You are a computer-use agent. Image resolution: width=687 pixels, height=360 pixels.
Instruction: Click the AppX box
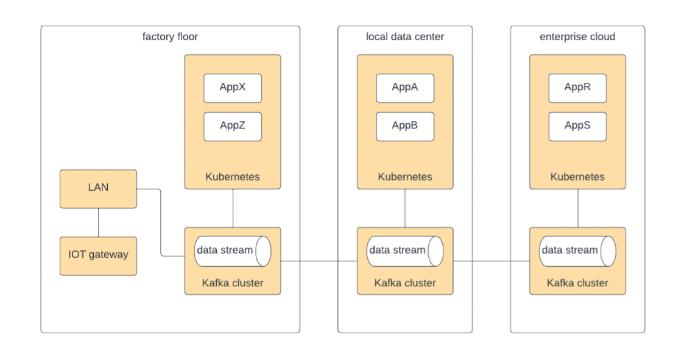pyautogui.click(x=232, y=88)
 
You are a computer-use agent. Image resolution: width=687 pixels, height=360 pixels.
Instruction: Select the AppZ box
pyautogui.click(x=232, y=127)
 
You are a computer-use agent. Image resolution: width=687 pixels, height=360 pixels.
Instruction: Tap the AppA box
pyautogui.click(x=404, y=88)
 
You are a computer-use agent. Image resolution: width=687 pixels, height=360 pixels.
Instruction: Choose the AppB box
pyautogui.click(x=404, y=127)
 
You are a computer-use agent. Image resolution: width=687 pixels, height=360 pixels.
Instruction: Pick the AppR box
pyautogui.click(x=577, y=88)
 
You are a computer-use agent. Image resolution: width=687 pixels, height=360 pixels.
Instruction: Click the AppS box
pyautogui.click(x=577, y=127)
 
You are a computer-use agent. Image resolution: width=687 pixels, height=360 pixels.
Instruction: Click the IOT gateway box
pyautogui.click(x=98, y=255)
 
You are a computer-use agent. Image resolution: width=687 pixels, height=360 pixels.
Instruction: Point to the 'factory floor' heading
pyautogui.click(x=170, y=37)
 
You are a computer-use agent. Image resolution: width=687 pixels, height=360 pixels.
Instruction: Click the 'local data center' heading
pyautogui.click(x=404, y=37)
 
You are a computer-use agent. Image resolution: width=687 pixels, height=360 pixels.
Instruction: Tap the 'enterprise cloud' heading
pyautogui.click(x=577, y=37)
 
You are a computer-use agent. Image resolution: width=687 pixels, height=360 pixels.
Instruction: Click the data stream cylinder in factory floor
pyautogui.click(x=232, y=250)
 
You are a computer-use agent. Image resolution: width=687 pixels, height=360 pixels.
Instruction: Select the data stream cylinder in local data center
pyautogui.click(x=404, y=250)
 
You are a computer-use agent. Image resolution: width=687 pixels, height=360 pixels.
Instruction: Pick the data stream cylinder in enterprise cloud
pyautogui.click(x=577, y=250)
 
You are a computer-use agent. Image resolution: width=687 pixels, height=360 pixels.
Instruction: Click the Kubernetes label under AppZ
pyautogui.click(x=232, y=177)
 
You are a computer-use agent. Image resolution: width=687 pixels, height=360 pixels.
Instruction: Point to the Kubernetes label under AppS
pyautogui.click(x=577, y=177)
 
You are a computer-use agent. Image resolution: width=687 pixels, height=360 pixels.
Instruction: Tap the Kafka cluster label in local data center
pyautogui.click(x=404, y=283)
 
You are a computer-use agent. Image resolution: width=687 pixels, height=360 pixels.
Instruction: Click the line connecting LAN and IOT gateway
pyautogui.click(x=98, y=222)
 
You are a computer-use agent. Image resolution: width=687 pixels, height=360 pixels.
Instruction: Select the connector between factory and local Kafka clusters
pyautogui.click(x=319, y=261)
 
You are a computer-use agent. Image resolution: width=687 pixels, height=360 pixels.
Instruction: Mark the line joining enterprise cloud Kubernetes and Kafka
pyautogui.click(x=577, y=208)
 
